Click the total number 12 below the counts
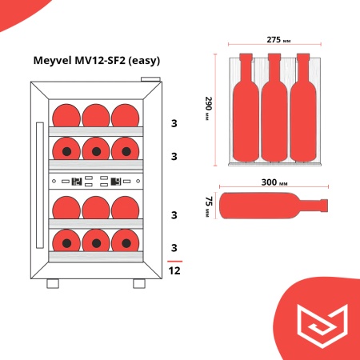174,270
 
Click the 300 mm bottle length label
274,182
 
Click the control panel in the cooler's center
97,181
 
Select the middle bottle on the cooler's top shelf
97,114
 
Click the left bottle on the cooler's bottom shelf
66,240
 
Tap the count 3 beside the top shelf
174,123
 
